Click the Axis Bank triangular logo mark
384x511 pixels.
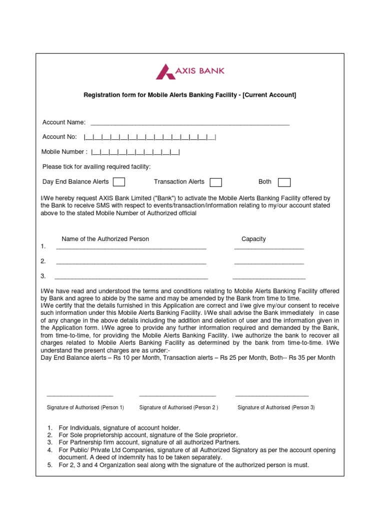point(165,71)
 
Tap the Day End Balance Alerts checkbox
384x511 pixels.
point(119,182)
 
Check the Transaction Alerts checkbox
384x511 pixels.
point(215,182)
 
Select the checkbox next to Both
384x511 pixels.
point(284,182)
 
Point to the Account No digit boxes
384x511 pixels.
point(150,137)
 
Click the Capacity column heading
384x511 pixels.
point(253,239)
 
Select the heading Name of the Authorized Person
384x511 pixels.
point(105,239)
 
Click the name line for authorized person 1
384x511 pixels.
point(131,248)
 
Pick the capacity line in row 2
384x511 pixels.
point(269,262)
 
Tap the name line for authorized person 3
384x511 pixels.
point(131,277)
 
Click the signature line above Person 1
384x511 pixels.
point(79,395)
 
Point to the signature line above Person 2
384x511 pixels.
point(177,395)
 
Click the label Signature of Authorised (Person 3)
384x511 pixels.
point(276,407)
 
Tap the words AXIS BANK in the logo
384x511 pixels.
point(200,70)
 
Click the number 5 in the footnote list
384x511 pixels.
point(50,465)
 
